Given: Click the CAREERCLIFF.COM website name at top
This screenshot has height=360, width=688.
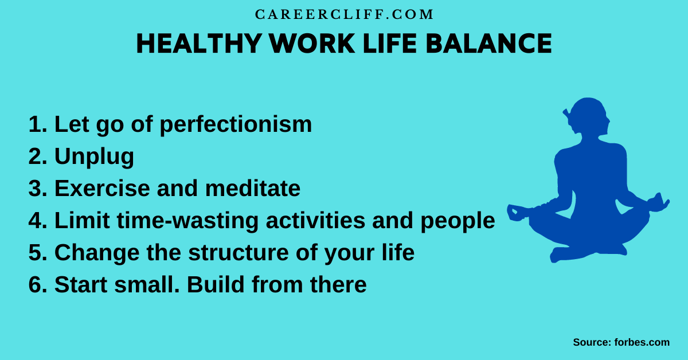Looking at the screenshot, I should click(x=344, y=15).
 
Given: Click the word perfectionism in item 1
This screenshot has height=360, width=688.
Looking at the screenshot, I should click(x=236, y=125).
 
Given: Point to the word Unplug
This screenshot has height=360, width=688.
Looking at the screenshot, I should click(x=94, y=157).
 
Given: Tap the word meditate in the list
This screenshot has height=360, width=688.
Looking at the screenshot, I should click(x=253, y=189).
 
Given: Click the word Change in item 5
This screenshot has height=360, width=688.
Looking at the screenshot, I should click(x=95, y=253).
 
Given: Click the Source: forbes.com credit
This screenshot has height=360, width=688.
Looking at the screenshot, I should click(x=621, y=342).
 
